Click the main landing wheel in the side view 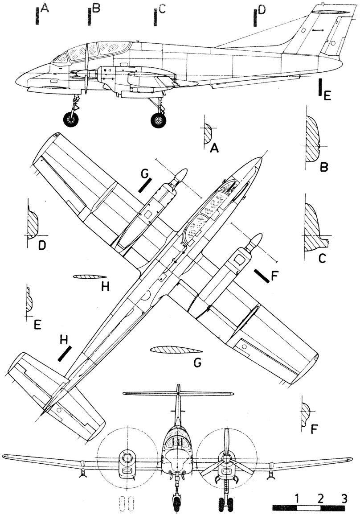tap(157, 119)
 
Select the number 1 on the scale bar tap(296, 498)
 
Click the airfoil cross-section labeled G tap(172, 350)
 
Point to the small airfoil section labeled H tap(89, 277)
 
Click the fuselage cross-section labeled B tap(313, 139)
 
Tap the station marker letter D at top tap(261, 10)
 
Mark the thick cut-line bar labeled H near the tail tap(65, 354)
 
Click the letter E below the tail tap(327, 95)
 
